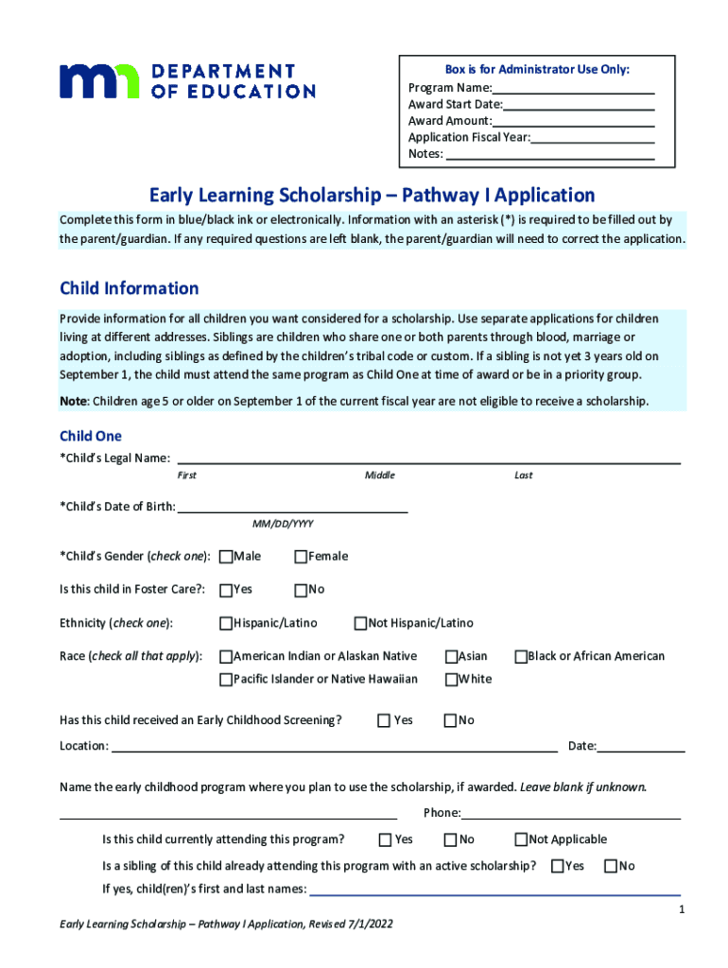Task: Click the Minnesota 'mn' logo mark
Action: (x=99, y=81)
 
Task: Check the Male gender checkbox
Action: (x=226, y=556)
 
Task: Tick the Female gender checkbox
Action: (x=302, y=556)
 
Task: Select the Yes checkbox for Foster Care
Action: (x=226, y=590)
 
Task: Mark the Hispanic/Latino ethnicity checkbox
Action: (x=226, y=624)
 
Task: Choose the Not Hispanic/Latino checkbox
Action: (x=360, y=624)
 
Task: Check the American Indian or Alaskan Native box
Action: (x=226, y=656)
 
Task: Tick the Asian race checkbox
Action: (x=451, y=656)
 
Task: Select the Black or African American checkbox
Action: (x=520, y=656)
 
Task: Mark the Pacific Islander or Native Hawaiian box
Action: (x=226, y=680)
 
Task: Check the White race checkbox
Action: (x=451, y=680)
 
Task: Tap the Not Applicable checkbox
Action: (x=520, y=839)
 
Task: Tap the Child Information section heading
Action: (x=130, y=288)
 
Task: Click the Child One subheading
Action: (x=91, y=437)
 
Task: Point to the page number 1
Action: (x=680, y=910)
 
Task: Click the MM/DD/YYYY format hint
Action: (x=283, y=524)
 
